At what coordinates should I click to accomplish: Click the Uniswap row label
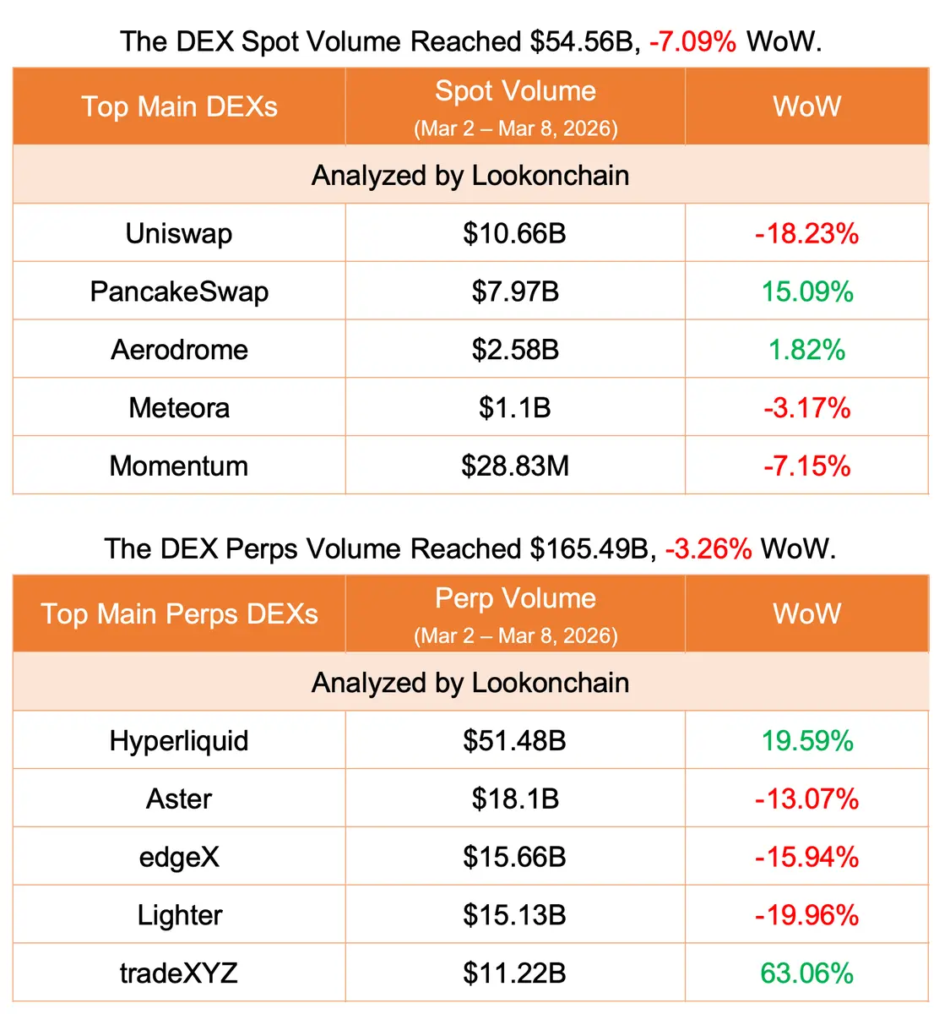tap(179, 233)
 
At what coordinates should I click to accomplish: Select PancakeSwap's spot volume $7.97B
tap(515, 292)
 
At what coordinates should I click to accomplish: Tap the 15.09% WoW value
tap(807, 292)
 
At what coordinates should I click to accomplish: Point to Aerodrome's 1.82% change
tap(806, 350)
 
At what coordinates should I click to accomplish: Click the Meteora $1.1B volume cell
tap(515, 408)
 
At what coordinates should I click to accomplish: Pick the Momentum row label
tap(179, 466)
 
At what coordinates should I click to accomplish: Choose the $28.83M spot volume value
tap(515, 466)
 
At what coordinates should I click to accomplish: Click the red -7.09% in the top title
tap(692, 41)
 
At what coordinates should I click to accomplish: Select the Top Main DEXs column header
tap(179, 106)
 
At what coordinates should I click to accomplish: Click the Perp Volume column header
tap(515, 598)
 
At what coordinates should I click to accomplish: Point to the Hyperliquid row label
tap(179, 741)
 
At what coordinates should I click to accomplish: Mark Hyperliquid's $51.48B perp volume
tap(515, 741)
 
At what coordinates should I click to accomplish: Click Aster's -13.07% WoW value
tap(806, 799)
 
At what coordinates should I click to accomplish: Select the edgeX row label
tap(179, 857)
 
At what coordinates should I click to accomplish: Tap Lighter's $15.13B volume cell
tap(515, 915)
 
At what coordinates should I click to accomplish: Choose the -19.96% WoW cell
tap(806, 915)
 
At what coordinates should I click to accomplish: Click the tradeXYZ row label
tap(179, 973)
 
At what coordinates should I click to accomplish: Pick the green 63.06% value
tap(806, 973)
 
